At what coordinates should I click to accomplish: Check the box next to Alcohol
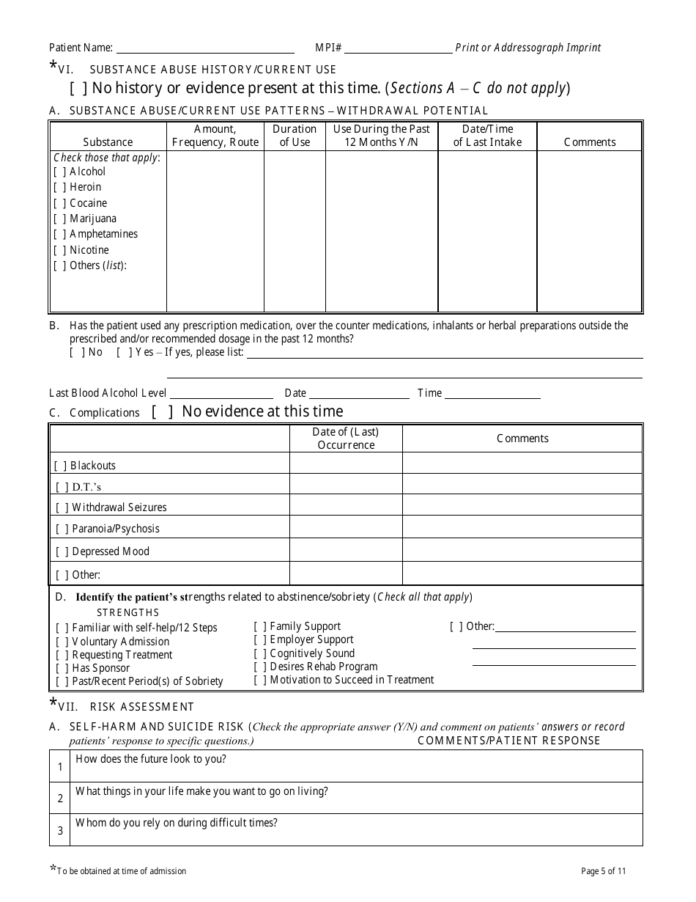[59, 172]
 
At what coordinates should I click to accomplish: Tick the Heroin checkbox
[59, 187]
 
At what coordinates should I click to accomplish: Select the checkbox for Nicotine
[59, 250]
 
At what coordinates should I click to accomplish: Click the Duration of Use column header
[295, 136]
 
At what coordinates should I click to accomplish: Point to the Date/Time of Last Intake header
[487, 136]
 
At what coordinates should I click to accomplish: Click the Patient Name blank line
[205, 48]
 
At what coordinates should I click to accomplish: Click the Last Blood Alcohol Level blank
[221, 393]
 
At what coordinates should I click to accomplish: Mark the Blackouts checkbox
[60, 466]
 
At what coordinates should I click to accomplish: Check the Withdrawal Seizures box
[62, 507]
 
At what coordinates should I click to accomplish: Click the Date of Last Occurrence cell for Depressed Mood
[346, 551]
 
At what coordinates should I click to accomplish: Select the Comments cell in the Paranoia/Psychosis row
[522, 528]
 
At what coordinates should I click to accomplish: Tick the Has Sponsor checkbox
[62, 668]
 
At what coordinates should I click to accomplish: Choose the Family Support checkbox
[259, 626]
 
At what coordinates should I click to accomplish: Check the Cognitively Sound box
[259, 653]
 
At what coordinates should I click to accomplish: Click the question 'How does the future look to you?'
[151, 759]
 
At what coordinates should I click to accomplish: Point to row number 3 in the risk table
[60, 830]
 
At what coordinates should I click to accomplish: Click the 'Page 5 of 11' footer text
[603, 871]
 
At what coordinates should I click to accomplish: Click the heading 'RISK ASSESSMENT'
[142, 707]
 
